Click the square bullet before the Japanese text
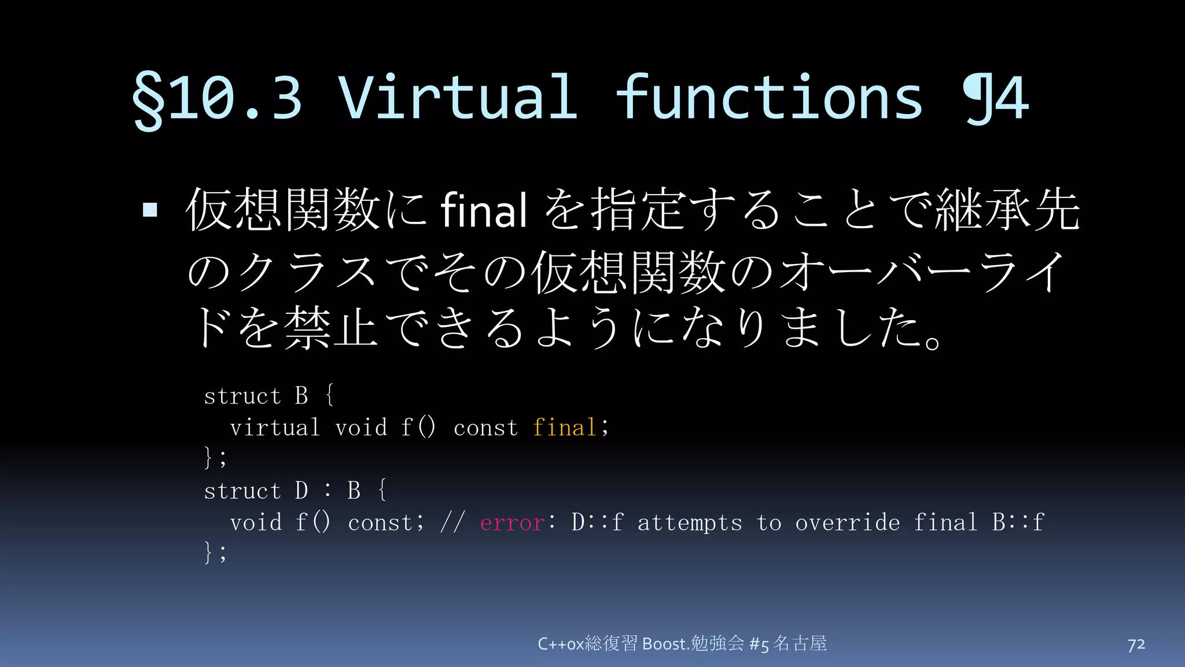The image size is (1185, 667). point(150,209)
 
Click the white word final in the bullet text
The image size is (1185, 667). point(484,210)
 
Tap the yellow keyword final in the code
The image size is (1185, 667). point(564,428)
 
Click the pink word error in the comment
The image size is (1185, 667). point(512,523)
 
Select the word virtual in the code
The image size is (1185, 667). point(275,428)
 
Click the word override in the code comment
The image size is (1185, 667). point(847,523)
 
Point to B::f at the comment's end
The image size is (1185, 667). point(1018,522)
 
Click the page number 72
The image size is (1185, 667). point(1136,644)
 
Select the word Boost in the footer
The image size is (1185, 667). point(665,644)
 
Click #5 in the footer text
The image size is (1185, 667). point(759,644)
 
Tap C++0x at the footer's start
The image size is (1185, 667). point(561,644)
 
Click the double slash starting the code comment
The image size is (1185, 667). point(452,523)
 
